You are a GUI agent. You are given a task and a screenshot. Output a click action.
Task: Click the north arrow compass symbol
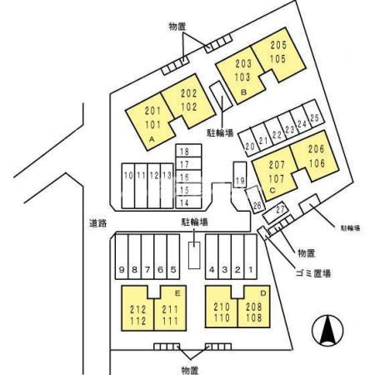click(x=327, y=331)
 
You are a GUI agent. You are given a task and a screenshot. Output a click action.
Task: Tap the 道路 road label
click(x=97, y=223)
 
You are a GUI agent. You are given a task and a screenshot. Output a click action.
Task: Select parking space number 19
click(x=239, y=175)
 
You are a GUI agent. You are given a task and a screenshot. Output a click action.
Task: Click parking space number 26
click(x=255, y=199)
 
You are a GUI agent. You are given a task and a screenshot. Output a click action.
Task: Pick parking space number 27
click(x=274, y=212)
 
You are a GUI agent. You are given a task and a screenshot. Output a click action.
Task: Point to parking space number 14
click(x=188, y=202)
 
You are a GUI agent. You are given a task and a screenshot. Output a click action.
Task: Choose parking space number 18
click(x=188, y=151)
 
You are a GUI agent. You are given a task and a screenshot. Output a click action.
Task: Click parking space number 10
click(x=128, y=186)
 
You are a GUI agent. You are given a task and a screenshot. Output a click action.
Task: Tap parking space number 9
click(x=122, y=257)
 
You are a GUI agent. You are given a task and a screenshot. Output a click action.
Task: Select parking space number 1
click(x=251, y=257)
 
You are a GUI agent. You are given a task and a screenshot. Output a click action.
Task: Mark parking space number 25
click(x=313, y=113)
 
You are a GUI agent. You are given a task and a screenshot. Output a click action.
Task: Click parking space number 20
click(x=249, y=142)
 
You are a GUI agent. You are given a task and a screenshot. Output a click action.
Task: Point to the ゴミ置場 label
click(x=313, y=273)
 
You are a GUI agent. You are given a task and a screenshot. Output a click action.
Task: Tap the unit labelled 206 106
click(x=315, y=156)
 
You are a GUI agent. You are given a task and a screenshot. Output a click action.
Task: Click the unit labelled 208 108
click(x=254, y=311)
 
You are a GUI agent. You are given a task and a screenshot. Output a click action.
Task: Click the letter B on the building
click(x=243, y=92)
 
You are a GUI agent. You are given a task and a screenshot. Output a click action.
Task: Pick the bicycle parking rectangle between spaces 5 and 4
click(x=194, y=255)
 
